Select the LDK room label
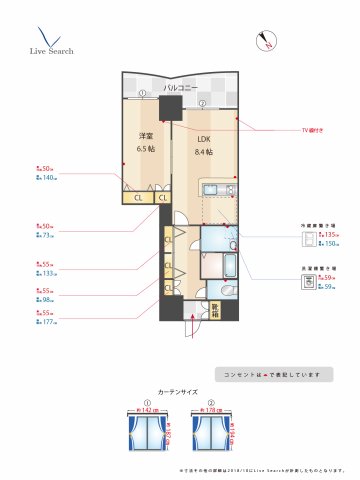click(204, 138)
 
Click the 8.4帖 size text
click(204, 151)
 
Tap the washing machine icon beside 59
click(307, 283)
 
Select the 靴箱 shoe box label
click(213, 311)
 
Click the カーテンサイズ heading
click(179, 393)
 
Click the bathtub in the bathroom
click(225, 269)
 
